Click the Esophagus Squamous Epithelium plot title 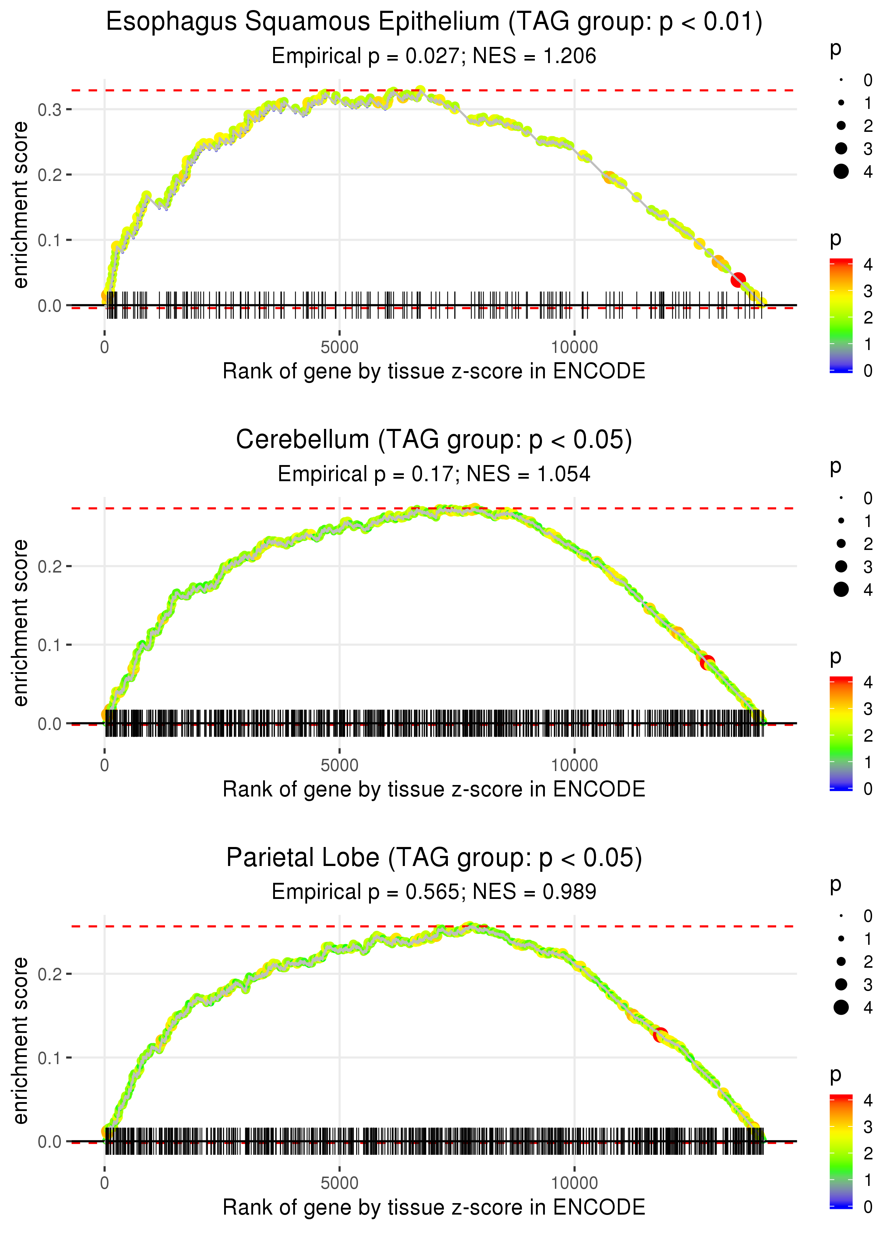(x=434, y=22)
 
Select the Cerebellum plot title (x=434, y=440)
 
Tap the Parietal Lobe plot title (x=434, y=858)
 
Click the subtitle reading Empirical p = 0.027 (x=434, y=56)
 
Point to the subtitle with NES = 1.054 (x=434, y=474)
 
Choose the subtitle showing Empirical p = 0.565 (x=434, y=892)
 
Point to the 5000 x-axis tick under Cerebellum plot (x=339, y=765)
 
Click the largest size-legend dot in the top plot (x=841, y=172)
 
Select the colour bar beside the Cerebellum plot (x=841, y=733)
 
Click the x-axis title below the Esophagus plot (x=434, y=371)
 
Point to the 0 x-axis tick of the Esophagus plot (x=105, y=348)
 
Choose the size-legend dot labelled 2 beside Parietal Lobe (x=841, y=962)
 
